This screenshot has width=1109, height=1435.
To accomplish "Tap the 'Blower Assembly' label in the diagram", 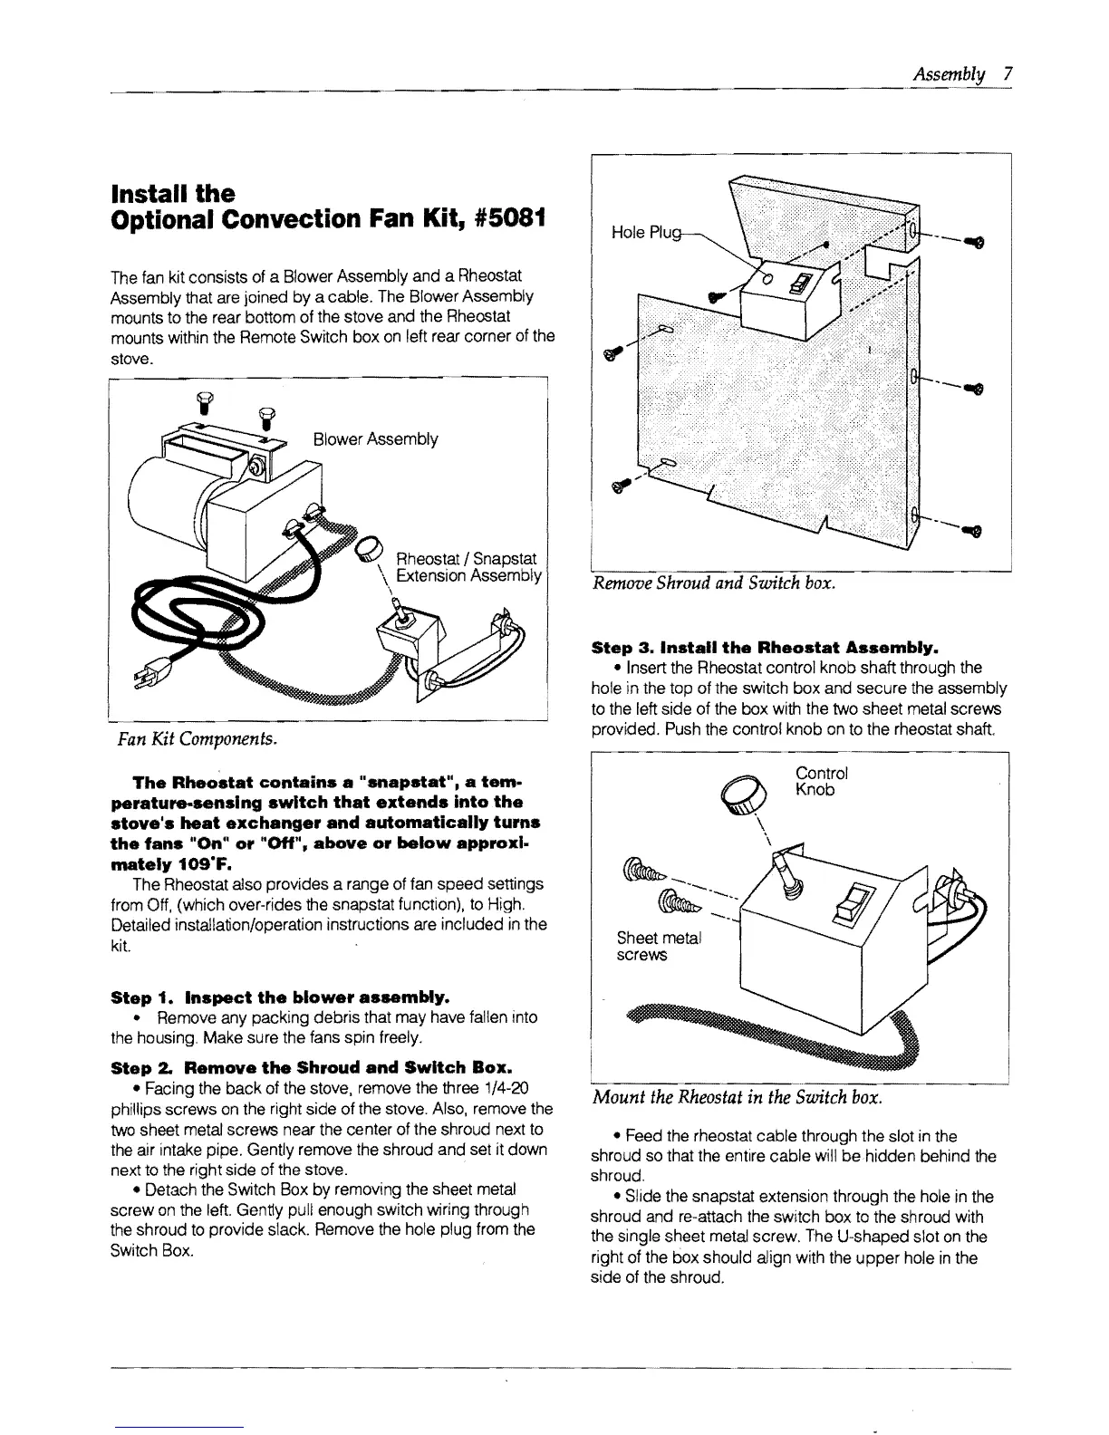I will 375,440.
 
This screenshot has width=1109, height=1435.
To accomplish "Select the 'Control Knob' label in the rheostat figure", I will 821,782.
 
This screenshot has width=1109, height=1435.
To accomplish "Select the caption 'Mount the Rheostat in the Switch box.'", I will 737,1097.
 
